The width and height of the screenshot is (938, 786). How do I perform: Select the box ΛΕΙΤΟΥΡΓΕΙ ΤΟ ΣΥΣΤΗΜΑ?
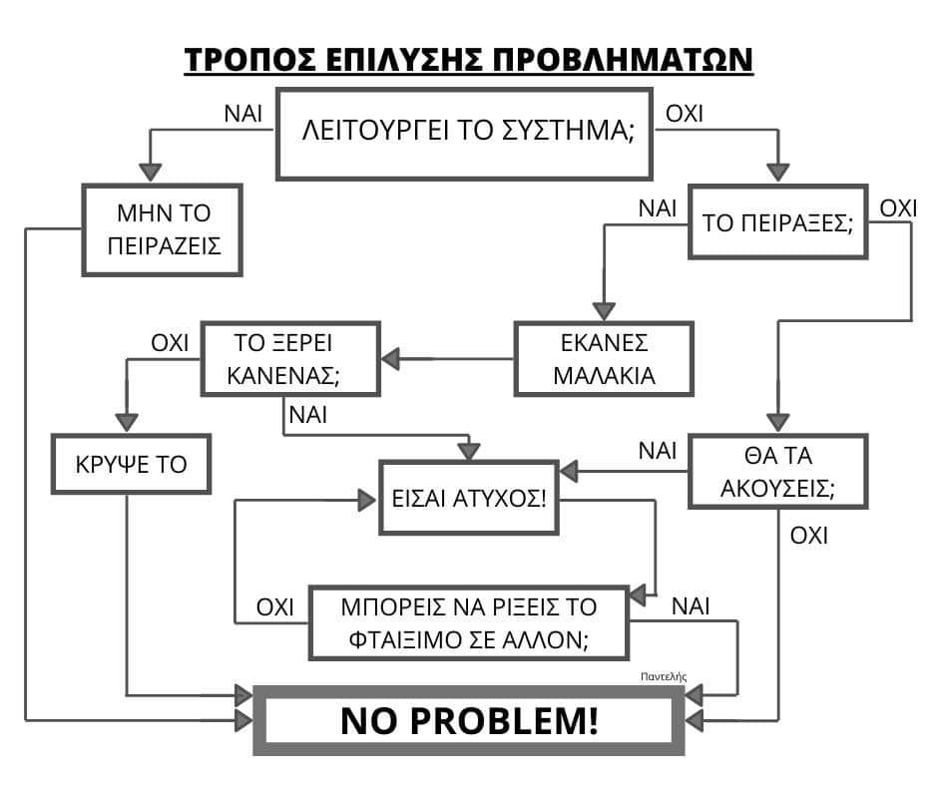coord(467,134)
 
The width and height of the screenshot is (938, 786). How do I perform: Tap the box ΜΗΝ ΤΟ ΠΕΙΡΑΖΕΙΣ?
coord(163,229)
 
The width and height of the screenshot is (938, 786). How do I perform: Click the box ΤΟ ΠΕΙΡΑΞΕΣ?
coord(777,222)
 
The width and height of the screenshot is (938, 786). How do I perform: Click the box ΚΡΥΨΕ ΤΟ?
coord(131,464)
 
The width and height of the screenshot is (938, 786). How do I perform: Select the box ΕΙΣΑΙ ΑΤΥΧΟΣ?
coord(469,497)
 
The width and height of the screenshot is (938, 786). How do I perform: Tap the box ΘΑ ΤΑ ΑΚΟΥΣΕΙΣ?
coord(776,472)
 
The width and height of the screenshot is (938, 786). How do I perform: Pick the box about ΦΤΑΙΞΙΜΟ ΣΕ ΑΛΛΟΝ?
coord(468,623)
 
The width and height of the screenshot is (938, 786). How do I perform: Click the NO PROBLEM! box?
coord(469,720)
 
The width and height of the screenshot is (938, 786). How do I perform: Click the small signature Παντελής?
coord(665,675)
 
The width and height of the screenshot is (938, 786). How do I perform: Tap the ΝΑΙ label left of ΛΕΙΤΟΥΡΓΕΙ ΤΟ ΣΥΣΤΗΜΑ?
coord(243,113)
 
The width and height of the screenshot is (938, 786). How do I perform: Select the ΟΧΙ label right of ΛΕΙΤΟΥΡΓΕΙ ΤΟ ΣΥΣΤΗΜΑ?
coord(685,113)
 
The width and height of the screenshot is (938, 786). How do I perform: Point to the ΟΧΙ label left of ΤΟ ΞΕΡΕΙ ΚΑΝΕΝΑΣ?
coord(170,344)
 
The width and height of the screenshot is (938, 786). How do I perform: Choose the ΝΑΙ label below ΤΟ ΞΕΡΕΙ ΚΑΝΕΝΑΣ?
coord(307,414)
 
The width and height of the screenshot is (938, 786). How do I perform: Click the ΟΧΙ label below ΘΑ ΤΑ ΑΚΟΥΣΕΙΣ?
coord(809,536)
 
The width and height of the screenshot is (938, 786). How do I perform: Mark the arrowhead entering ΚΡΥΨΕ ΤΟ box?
coord(128,423)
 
